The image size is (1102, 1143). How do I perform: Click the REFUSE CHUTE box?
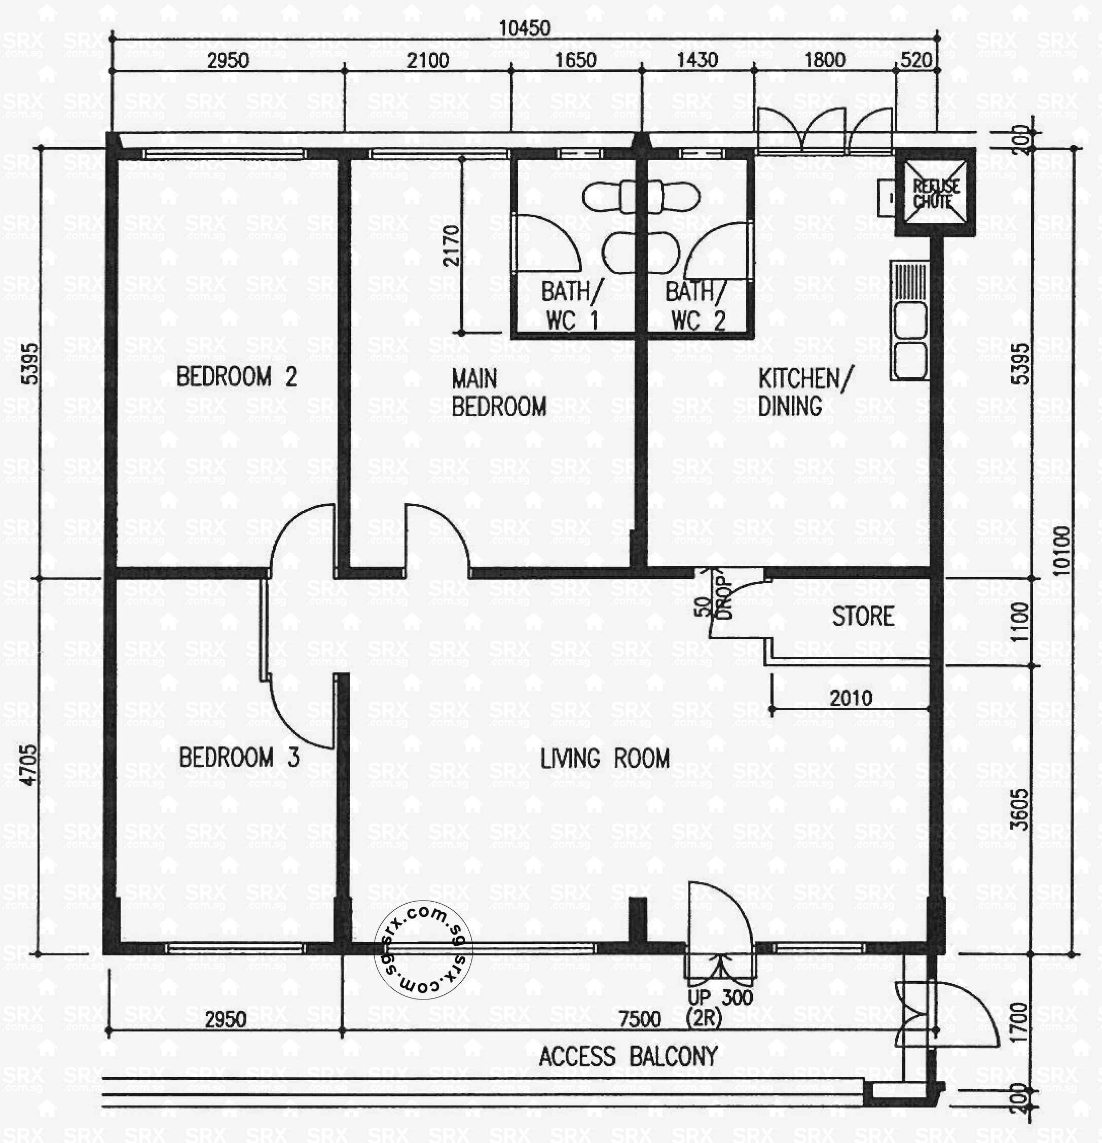(935, 193)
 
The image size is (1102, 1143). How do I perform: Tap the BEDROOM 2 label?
(237, 377)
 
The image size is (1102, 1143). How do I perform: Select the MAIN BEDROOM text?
(498, 392)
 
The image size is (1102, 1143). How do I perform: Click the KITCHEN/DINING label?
(804, 392)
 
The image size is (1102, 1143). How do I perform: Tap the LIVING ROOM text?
(605, 759)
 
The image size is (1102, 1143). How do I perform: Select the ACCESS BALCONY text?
(628, 1057)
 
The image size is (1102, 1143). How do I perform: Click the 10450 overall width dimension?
(524, 28)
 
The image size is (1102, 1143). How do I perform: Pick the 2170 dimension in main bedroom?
(451, 245)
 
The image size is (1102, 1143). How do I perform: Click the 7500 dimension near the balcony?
(640, 1019)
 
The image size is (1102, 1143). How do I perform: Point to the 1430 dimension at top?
(697, 60)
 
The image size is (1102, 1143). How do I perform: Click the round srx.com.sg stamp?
(423, 950)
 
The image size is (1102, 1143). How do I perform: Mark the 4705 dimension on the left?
(29, 765)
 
